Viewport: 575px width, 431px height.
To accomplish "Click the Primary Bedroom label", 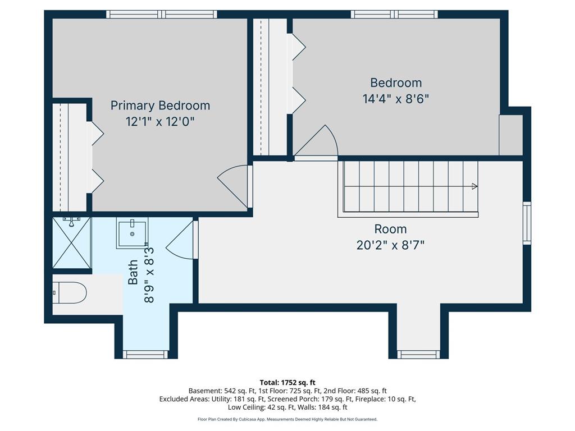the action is (x=160, y=106).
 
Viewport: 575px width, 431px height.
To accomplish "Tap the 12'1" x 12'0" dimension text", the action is (x=160, y=121).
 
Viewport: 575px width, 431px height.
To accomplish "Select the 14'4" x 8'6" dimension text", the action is (x=396, y=99).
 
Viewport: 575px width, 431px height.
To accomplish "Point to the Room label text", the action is (x=390, y=229).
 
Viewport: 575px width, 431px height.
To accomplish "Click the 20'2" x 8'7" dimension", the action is (x=390, y=245).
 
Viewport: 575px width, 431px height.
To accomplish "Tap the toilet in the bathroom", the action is (x=69, y=292).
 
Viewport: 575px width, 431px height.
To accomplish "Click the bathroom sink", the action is (x=132, y=233).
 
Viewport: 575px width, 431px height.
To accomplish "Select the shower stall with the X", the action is (x=71, y=242).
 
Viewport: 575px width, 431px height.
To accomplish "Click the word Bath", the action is (x=133, y=272).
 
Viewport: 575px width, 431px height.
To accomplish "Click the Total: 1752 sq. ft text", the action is (x=287, y=383).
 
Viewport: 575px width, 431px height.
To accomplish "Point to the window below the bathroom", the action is (x=145, y=355).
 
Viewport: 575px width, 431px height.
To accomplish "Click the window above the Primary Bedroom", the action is (x=162, y=14).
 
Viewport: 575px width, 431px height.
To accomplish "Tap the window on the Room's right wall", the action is (x=527, y=223).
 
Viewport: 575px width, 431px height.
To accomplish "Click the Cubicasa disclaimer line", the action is (x=287, y=419).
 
